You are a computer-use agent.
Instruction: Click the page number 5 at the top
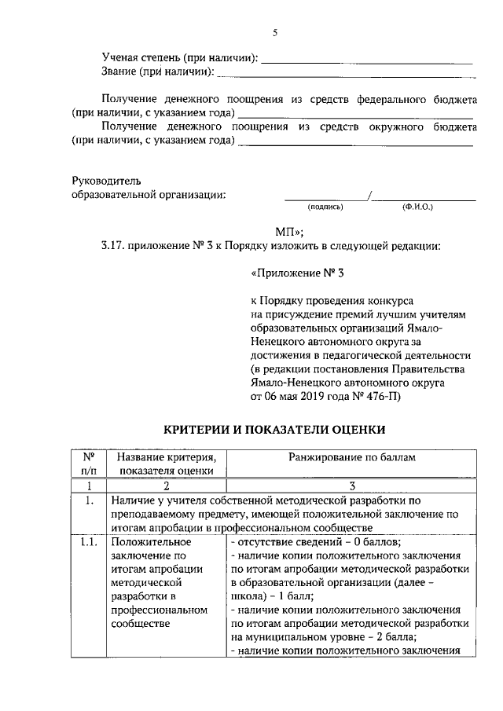tap(275, 33)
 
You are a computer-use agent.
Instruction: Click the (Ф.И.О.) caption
tap(417, 207)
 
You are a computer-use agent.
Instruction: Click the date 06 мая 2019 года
tap(302, 398)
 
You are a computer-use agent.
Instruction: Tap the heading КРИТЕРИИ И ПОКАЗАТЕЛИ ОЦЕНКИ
tap(274, 430)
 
